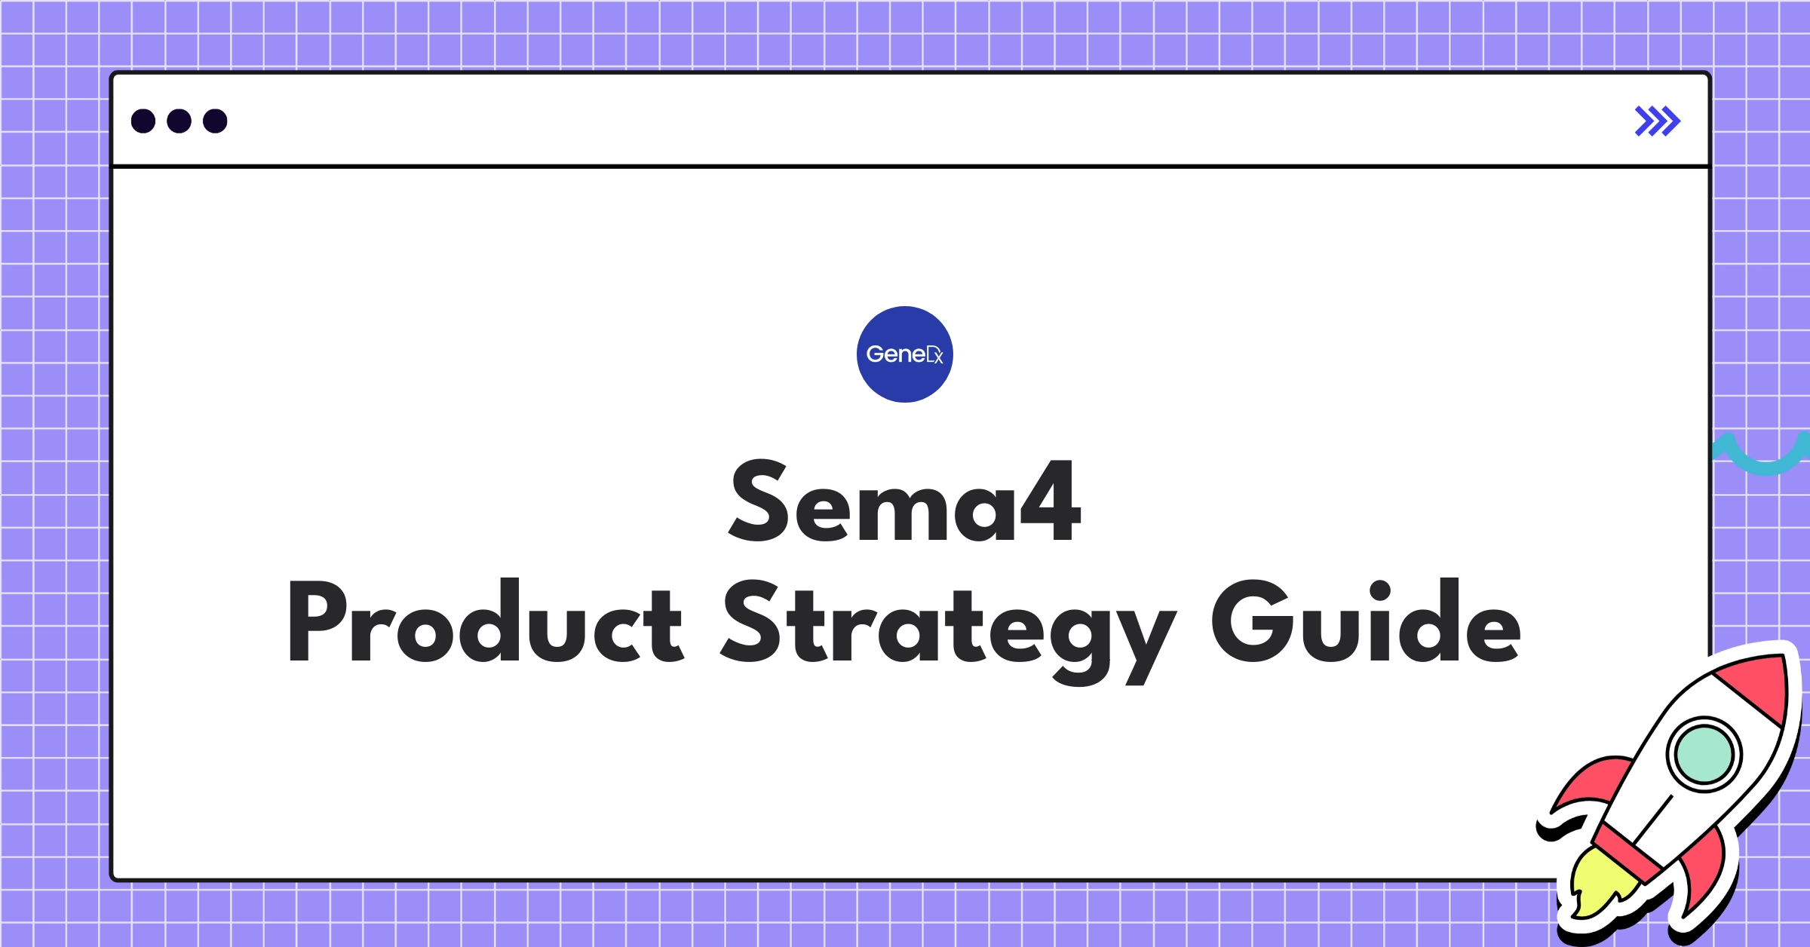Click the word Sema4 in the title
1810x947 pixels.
click(x=905, y=501)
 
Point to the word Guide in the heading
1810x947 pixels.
click(x=1366, y=622)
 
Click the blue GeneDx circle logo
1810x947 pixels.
click(x=904, y=354)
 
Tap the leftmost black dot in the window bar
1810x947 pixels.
click(x=143, y=121)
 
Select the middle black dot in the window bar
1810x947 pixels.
click(x=179, y=121)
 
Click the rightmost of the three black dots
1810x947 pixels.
click(x=215, y=121)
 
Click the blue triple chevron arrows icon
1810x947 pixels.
click(x=1657, y=121)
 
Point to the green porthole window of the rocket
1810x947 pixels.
click(x=1704, y=754)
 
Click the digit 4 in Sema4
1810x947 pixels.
click(x=1051, y=501)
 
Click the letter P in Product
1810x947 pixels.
click(x=317, y=622)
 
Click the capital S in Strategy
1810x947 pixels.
click(x=750, y=622)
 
